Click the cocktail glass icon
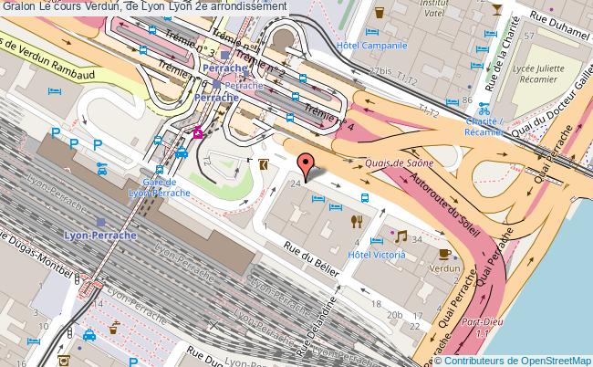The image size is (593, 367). [x=495, y=10]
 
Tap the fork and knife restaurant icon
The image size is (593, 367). [x=358, y=220]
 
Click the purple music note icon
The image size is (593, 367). [x=400, y=236]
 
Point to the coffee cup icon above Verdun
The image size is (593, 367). [x=444, y=253]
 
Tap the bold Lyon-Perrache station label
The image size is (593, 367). [x=100, y=234]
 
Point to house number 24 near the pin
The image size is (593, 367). [x=295, y=184]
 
